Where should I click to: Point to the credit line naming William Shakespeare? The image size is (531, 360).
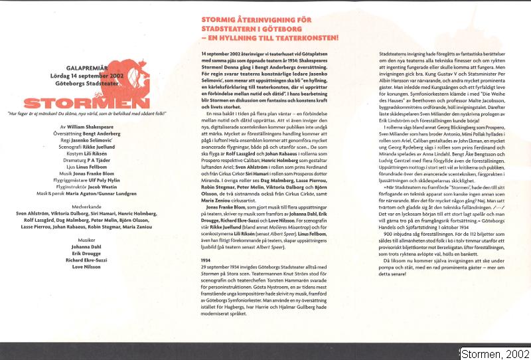(x=90, y=126)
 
